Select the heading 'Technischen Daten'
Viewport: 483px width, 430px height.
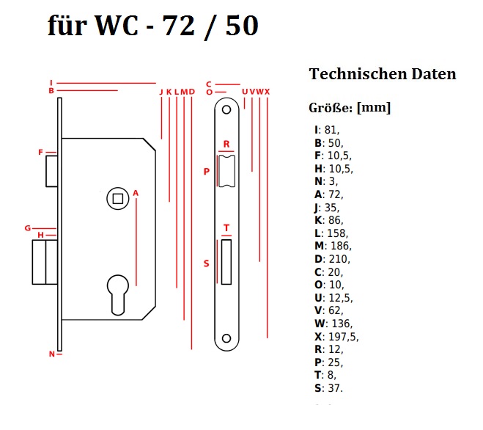tap(383, 74)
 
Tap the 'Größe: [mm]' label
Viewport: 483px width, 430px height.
tap(350, 108)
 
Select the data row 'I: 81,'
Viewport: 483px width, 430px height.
tap(327, 130)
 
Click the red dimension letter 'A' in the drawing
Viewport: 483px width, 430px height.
tap(136, 193)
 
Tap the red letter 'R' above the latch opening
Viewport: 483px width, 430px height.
tap(226, 144)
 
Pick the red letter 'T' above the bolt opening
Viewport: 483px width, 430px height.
tap(226, 228)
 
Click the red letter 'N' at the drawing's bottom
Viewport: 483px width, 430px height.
tap(52, 354)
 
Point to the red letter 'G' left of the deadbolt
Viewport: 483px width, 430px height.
tap(27, 228)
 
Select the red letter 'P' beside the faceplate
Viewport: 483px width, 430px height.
tap(207, 172)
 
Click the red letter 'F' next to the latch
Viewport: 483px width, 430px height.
tap(41, 153)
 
